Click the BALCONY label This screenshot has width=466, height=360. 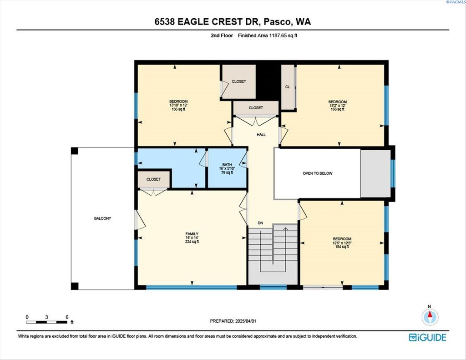[102, 218]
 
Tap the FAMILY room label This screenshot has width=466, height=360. [192, 234]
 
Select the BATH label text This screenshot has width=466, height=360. [227, 165]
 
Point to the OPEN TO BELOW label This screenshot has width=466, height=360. [317, 173]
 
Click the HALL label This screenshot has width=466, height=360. [261, 135]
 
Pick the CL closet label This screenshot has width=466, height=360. [288, 87]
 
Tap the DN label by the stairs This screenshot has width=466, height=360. [260, 223]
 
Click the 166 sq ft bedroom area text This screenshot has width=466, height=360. [338, 109]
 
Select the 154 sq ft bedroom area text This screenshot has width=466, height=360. [342, 246]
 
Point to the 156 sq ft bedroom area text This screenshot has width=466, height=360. [178, 109]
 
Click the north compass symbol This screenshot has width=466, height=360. [430, 317]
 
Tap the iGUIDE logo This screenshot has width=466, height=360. [427, 337]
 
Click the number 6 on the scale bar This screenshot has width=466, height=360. [67, 317]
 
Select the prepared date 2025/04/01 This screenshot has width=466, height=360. [245, 321]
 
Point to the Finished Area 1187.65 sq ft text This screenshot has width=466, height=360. [268, 35]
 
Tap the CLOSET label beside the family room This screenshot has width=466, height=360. [154, 179]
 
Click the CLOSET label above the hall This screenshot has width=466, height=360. [256, 108]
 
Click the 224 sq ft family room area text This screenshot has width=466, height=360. [192, 242]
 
